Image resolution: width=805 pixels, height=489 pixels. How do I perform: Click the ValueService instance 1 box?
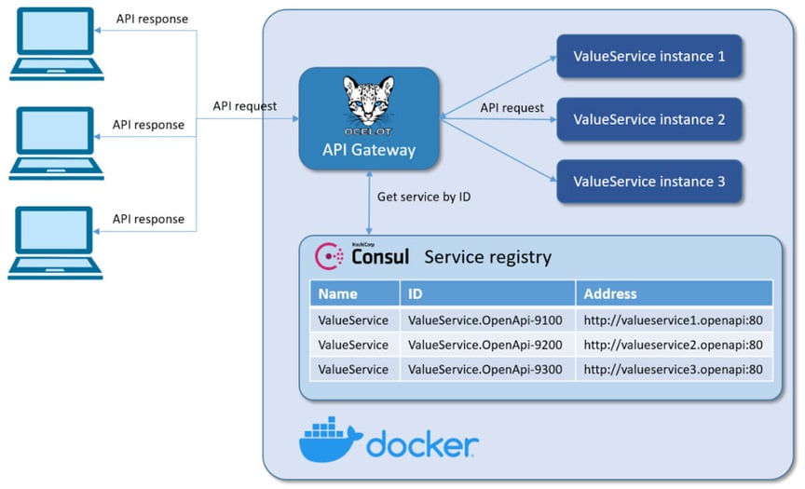coord(648,56)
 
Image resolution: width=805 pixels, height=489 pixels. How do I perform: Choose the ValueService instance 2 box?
coord(648,119)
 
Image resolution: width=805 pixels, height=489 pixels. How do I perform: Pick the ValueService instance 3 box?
coord(648,182)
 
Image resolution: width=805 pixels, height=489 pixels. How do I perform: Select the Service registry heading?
coord(487,257)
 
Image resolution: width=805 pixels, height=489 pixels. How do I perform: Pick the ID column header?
coord(416,293)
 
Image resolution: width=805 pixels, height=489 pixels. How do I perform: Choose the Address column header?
coord(609,293)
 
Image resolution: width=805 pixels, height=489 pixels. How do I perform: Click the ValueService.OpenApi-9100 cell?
coord(484,319)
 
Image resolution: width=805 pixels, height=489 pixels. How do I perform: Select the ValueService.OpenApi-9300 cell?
coord(484,369)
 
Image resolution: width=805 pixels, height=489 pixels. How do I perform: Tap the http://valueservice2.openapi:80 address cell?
coord(673,345)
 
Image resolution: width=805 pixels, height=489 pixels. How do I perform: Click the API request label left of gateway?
coord(244,106)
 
